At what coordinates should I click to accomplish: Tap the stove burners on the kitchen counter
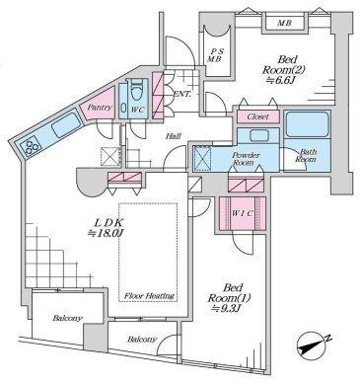pyautogui.click(x=30, y=147)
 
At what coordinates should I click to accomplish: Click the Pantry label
pyautogui.click(x=101, y=108)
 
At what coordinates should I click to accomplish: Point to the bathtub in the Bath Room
pyautogui.click(x=307, y=124)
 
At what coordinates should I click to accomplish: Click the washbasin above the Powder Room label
pyautogui.click(x=258, y=135)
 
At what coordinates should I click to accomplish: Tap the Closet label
pyautogui.click(x=257, y=116)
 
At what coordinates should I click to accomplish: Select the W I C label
pyautogui.click(x=242, y=213)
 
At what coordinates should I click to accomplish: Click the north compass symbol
pyautogui.click(x=312, y=346)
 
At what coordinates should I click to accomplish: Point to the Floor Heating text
pyautogui.click(x=149, y=295)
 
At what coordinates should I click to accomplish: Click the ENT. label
pyautogui.click(x=181, y=94)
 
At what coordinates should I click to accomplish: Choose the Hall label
pyautogui.click(x=174, y=136)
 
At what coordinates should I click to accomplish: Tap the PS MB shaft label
pyautogui.click(x=216, y=55)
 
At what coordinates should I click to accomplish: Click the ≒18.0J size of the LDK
pyautogui.click(x=106, y=233)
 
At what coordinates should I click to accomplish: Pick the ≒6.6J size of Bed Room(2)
pyautogui.click(x=280, y=80)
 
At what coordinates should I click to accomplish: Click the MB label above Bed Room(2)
pyautogui.click(x=284, y=24)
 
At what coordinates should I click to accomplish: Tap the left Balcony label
pyautogui.click(x=67, y=318)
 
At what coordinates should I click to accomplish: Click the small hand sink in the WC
pyautogui.click(x=123, y=109)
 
